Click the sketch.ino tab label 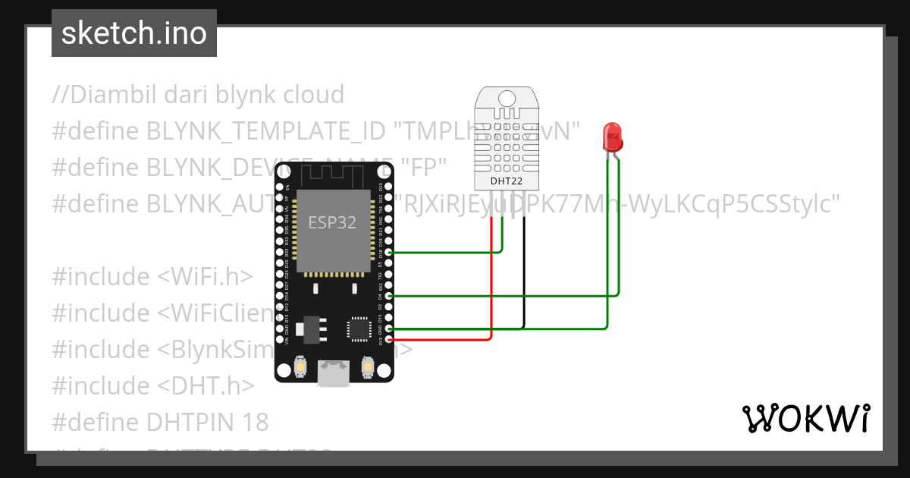pyautogui.click(x=134, y=33)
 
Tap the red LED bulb pyautogui.click(x=612, y=137)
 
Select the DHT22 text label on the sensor pyautogui.click(x=506, y=181)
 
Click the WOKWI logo pyautogui.click(x=806, y=418)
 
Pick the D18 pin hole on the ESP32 pyautogui.click(x=389, y=252)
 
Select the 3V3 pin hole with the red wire pyautogui.click(x=389, y=339)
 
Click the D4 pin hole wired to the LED pyautogui.click(x=389, y=296)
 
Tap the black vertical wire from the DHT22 pyautogui.click(x=523, y=273)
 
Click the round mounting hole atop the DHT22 pyautogui.click(x=506, y=97)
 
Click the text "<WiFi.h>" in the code pyautogui.click(x=205, y=277)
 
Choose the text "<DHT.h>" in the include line pyautogui.click(x=206, y=385)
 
